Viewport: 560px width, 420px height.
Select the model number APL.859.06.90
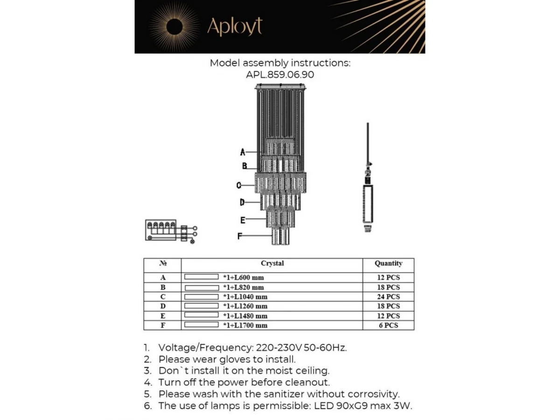click(x=280, y=74)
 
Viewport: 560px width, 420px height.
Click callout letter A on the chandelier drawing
click(x=243, y=152)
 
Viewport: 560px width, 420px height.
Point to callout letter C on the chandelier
click(x=238, y=185)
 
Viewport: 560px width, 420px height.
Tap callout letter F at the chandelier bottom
click(x=239, y=236)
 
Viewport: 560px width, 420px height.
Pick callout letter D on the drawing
click(x=242, y=203)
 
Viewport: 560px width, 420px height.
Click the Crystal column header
click(x=272, y=264)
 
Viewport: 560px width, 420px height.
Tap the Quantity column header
click(x=388, y=264)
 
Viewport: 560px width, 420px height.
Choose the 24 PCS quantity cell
click(x=388, y=297)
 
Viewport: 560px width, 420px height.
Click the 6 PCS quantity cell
click(x=388, y=325)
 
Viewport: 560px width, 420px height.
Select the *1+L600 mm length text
click(x=243, y=278)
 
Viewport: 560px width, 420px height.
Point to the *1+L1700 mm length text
click(x=245, y=325)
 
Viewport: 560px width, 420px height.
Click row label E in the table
click(x=163, y=316)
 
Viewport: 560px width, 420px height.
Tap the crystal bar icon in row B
click(x=202, y=287)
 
